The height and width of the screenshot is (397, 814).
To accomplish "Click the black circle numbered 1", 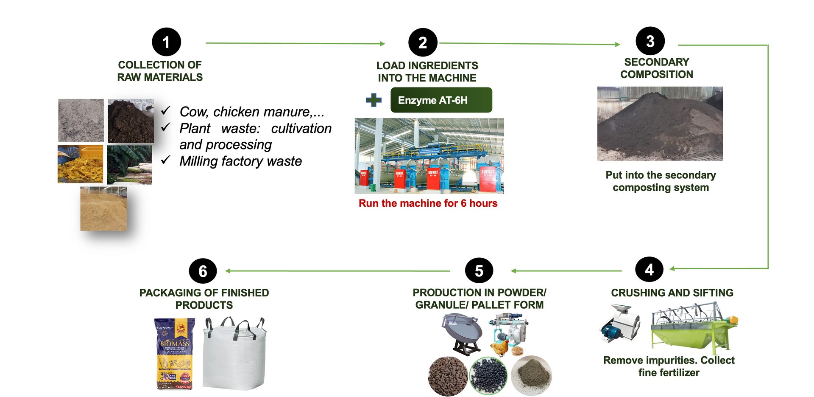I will pyautogui.click(x=166, y=42).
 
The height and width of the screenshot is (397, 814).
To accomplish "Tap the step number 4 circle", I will pyautogui.click(x=649, y=270).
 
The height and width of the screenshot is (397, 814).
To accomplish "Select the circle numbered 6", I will pyautogui.click(x=203, y=271).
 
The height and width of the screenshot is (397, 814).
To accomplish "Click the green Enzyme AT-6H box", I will pyautogui.click(x=441, y=100).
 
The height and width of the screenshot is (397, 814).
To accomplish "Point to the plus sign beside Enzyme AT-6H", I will pyautogui.click(x=374, y=100).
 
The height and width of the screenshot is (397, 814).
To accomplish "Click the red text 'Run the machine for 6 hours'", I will pyautogui.click(x=428, y=203).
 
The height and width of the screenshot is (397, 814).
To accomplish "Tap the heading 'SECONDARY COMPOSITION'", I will pyautogui.click(x=656, y=68).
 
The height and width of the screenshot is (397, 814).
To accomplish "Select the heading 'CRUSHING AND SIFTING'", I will pyautogui.click(x=672, y=293).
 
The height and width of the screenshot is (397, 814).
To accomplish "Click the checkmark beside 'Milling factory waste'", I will pyautogui.click(x=166, y=160).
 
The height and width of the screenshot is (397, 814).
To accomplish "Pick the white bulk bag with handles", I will pyautogui.click(x=234, y=354).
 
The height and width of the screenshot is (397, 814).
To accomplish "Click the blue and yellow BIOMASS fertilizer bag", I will pyautogui.click(x=174, y=354).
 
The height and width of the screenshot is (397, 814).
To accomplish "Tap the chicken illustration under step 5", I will pyautogui.click(x=500, y=347).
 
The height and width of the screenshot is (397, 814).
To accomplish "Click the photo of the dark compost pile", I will pyautogui.click(x=660, y=124).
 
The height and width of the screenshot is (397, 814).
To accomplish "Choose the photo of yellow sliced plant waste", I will pyautogui.click(x=81, y=164).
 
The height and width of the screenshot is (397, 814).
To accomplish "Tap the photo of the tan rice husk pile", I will pyautogui.click(x=103, y=209).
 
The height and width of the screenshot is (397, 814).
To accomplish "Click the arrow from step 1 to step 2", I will pyautogui.click(x=295, y=43).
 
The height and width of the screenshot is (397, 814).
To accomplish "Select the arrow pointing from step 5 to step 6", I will pyautogui.click(x=337, y=271).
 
